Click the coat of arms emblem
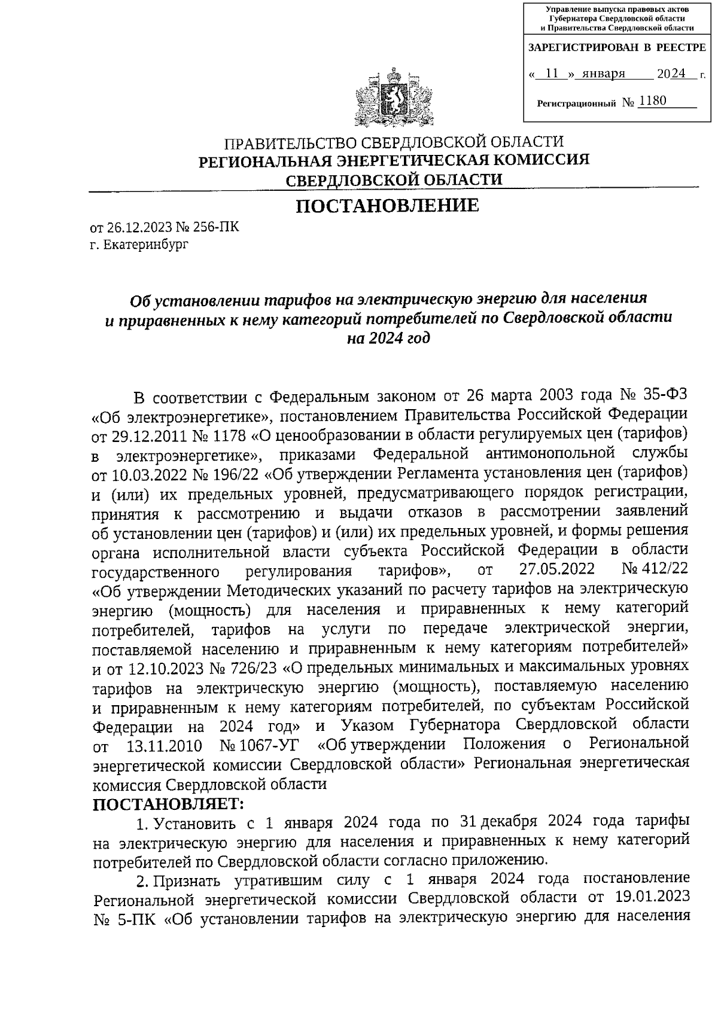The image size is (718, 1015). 393,99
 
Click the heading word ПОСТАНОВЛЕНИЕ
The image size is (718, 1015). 388,206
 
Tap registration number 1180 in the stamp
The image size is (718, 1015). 652,101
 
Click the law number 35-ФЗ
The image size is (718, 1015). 662,396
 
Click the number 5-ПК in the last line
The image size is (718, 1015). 128,917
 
